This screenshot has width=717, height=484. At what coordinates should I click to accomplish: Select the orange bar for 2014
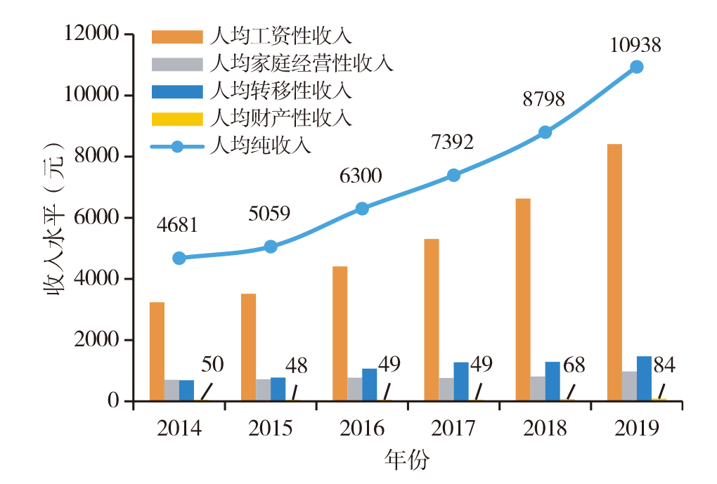point(157,351)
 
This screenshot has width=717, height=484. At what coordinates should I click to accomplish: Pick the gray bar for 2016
point(354,389)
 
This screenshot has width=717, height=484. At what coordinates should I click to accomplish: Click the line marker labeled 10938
point(637,67)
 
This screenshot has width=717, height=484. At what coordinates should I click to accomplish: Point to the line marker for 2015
point(271,247)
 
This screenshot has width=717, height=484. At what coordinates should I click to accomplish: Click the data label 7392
point(451,143)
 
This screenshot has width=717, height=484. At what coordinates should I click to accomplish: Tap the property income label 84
point(665,365)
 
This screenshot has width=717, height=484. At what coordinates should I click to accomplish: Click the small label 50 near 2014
point(212,365)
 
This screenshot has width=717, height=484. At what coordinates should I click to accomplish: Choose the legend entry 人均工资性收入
point(280,36)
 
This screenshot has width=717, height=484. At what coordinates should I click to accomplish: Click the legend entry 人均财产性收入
point(280,118)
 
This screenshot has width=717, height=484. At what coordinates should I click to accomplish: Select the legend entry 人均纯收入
point(259,146)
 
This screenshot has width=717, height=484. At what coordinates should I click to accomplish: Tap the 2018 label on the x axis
point(545,429)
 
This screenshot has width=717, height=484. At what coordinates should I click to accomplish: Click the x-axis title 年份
point(406,460)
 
